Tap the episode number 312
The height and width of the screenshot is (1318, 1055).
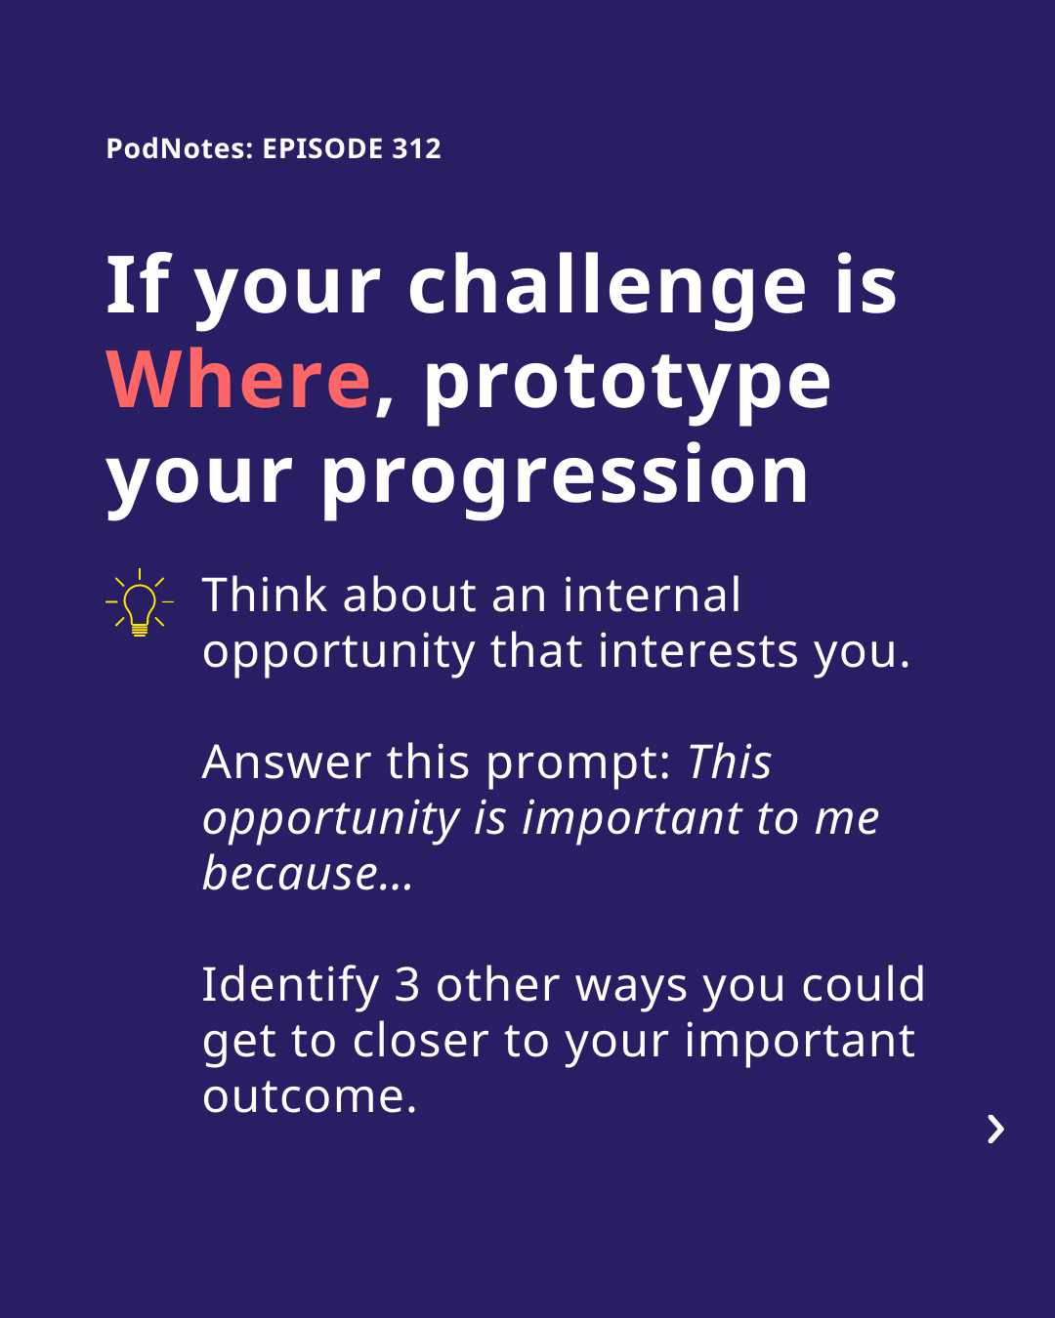tap(416, 148)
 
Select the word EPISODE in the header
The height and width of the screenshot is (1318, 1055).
tap(323, 148)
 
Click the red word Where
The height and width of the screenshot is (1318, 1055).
tap(238, 380)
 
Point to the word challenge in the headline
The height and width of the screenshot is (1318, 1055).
tap(607, 287)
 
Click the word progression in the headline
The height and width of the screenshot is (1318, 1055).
tap(565, 480)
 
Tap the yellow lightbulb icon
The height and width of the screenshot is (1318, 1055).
tap(140, 602)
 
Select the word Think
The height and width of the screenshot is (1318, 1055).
tap(265, 595)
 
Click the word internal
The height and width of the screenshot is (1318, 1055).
tap(652, 595)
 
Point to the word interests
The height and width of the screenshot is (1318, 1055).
tap(698, 651)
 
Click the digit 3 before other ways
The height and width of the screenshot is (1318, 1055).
tap(406, 985)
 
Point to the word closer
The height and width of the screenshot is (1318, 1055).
tap(420, 1041)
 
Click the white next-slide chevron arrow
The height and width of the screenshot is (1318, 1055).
tap(996, 1130)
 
